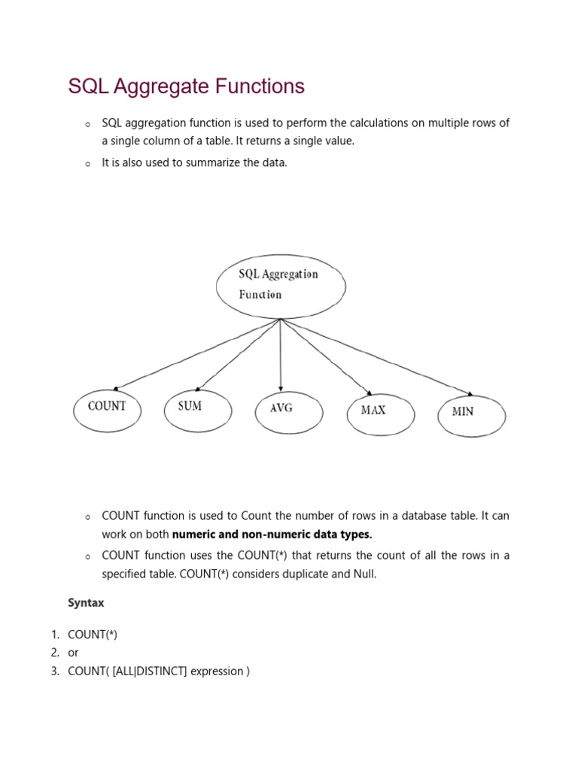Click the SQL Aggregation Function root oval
pos(281,286)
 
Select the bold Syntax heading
pos(86,603)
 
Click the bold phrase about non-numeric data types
pos(272,535)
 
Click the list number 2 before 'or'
pos(55,653)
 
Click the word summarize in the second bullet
pos(214,162)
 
